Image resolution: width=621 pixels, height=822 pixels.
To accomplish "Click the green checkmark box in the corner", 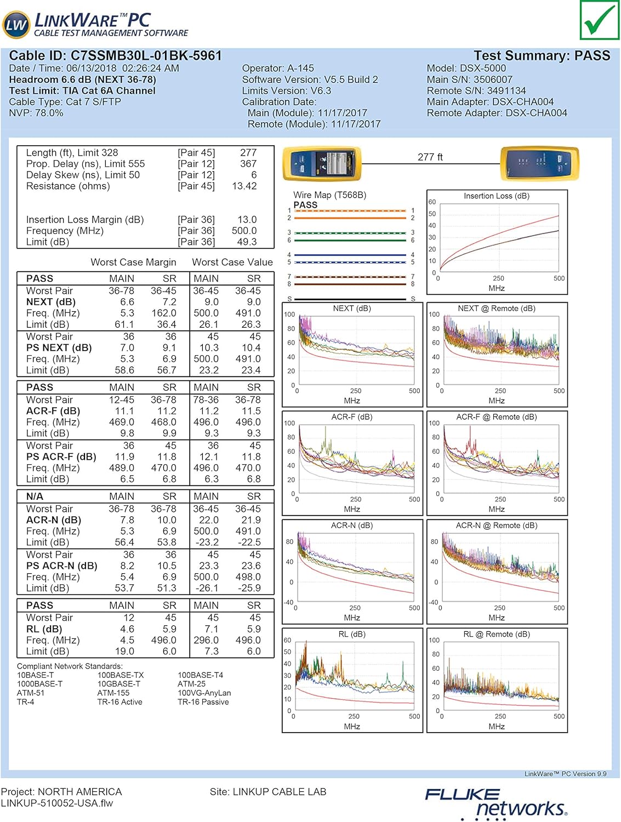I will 599,20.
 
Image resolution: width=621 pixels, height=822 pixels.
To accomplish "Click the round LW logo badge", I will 16,25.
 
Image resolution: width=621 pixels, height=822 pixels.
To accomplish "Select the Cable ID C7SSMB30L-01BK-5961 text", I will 116,56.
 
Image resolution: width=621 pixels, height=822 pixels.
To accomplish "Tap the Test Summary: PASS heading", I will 542,56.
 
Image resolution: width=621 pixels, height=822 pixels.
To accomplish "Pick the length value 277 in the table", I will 248,153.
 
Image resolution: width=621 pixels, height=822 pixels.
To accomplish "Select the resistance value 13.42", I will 244,186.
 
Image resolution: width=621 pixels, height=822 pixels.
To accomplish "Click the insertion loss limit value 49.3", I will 247,242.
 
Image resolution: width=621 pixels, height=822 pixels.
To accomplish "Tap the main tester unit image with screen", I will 322,163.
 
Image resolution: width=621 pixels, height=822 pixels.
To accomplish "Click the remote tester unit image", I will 539,163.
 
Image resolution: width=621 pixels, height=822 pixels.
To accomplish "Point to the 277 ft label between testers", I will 430,157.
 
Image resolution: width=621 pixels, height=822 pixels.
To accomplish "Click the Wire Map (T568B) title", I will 329,195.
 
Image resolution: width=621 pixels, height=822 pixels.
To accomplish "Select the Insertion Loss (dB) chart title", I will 497,196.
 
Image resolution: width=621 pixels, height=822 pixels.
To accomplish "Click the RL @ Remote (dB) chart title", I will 497,635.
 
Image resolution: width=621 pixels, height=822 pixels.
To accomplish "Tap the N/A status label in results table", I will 35,496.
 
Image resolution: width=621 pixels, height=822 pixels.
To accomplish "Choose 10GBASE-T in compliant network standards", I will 119,684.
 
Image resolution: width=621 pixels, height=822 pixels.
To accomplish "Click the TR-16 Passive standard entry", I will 203,702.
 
